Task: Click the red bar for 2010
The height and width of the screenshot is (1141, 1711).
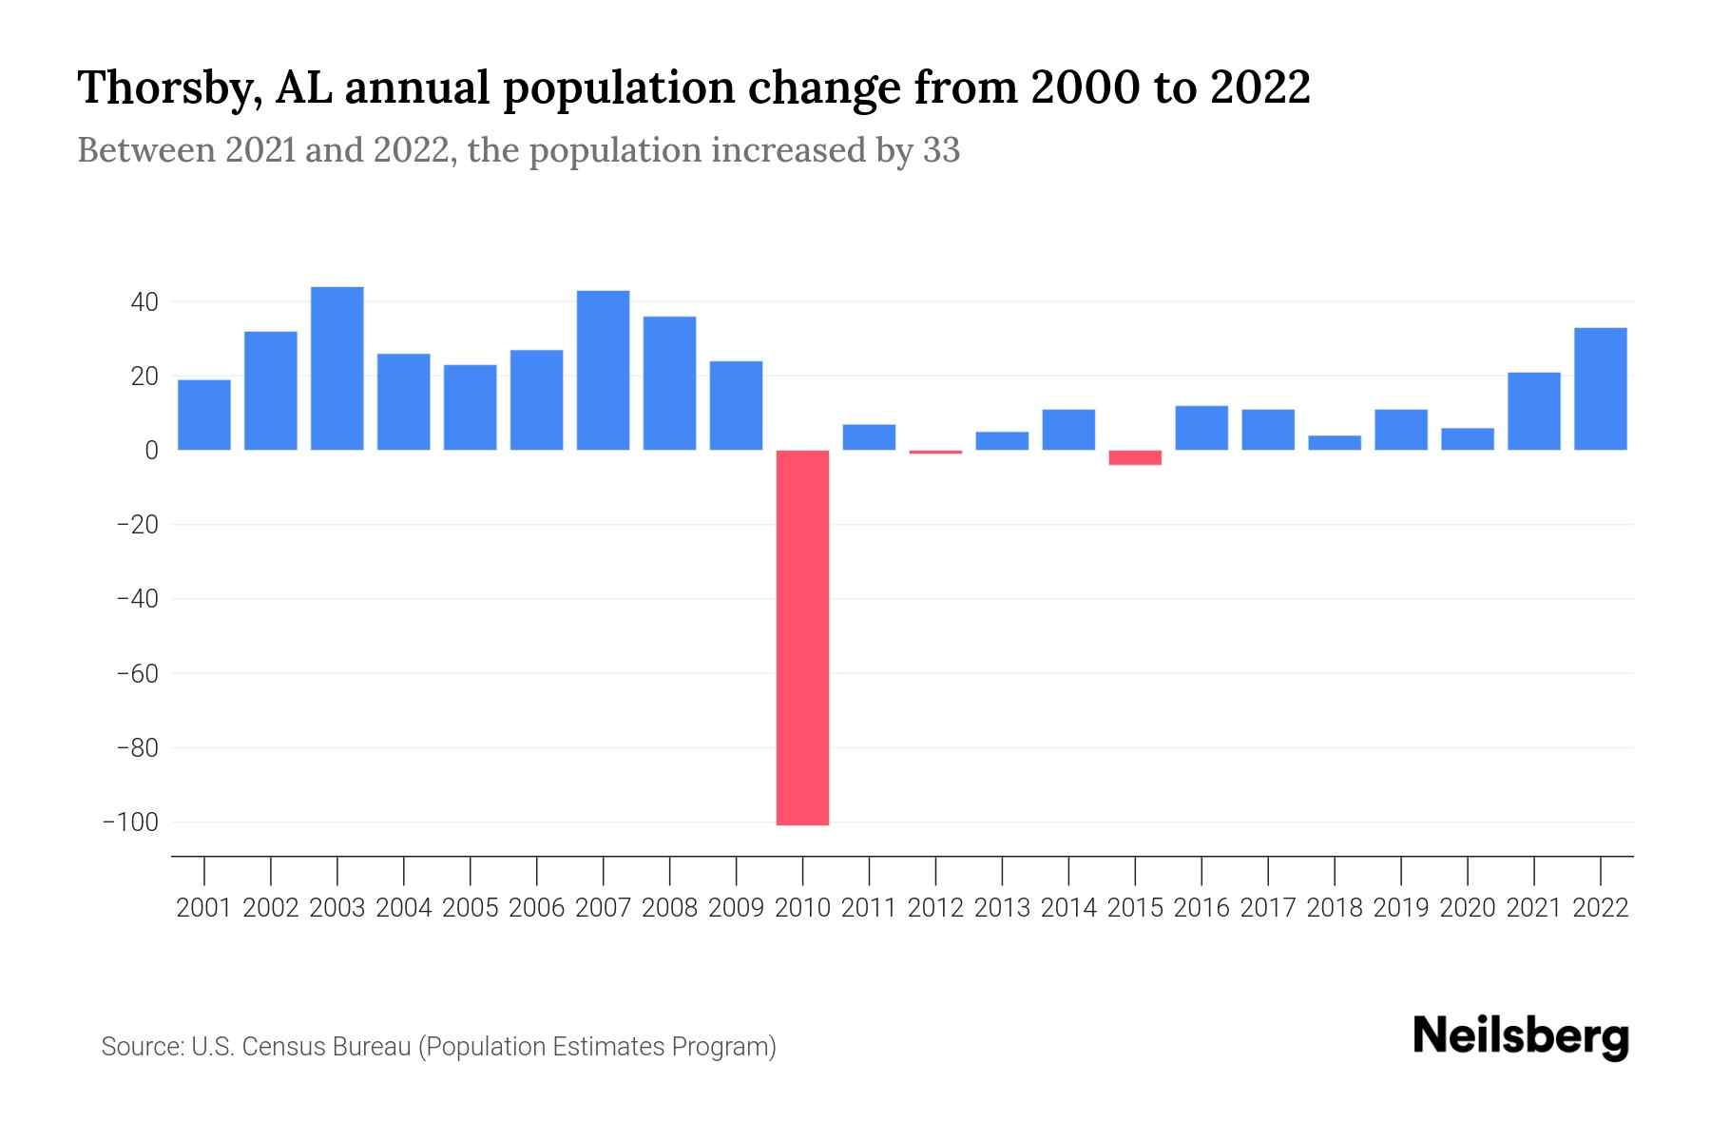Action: pyautogui.click(x=802, y=637)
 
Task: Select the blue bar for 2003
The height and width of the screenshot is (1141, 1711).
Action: pyautogui.click(x=337, y=368)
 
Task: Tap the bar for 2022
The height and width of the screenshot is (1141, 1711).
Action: pyautogui.click(x=1601, y=389)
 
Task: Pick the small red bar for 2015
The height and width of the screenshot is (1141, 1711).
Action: pyautogui.click(x=1135, y=457)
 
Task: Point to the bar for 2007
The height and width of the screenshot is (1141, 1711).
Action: pyautogui.click(x=603, y=370)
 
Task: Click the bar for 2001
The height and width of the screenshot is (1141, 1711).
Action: pyautogui.click(x=204, y=415)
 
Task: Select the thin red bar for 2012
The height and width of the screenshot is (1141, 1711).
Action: pyautogui.click(x=935, y=452)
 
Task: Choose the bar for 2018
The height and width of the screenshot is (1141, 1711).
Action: pyautogui.click(x=1335, y=442)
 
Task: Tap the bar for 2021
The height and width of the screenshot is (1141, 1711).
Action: pyautogui.click(x=1534, y=411)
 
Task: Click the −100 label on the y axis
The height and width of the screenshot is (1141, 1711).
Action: pyautogui.click(x=130, y=822)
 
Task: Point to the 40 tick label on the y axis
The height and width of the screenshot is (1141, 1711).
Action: pyautogui.click(x=144, y=302)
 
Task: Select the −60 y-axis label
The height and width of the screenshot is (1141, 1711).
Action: pyautogui.click(x=137, y=673)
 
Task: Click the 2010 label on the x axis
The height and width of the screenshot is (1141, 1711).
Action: pyautogui.click(x=802, y=908)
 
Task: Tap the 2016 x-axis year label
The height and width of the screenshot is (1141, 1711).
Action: pyautogui.click(x=1202, y=908)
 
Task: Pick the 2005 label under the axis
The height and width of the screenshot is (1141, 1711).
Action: pyautogui.click(x=471, y=908)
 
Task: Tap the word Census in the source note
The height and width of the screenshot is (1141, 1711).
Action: pyautogui.click(x=283, y=1047)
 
